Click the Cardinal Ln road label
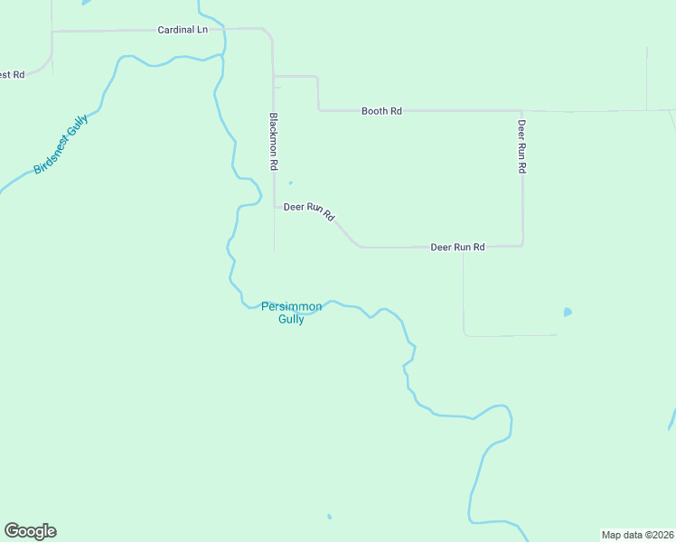183,30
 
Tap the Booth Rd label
381,111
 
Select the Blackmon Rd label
273,142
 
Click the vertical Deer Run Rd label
521,146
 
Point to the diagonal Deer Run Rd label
310,210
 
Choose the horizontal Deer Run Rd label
457,247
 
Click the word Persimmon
291,307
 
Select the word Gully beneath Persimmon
291,319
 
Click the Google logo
30,531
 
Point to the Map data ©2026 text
637,535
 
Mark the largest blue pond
568,313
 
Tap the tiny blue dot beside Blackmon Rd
290,182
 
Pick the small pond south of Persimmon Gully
329,517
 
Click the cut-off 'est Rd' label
12,74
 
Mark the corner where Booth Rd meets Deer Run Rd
522,111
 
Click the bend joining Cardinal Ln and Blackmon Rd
268,34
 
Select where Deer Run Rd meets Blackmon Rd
275,207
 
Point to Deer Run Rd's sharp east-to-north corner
521,244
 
